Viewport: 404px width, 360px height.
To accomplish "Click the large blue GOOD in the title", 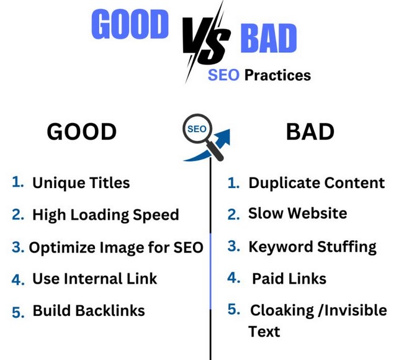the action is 130,24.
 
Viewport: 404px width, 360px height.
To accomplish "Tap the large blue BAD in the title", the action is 269,38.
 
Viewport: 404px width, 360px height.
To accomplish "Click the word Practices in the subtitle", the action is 277,75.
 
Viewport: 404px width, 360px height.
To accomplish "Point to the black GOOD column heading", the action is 82,132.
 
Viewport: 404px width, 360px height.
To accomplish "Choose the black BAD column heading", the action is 310,132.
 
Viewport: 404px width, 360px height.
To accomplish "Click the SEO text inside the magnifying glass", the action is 197,129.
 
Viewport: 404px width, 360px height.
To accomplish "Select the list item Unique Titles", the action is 81,183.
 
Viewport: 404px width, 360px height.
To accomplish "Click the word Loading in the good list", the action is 100,215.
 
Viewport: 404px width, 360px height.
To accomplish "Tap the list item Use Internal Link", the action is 94,279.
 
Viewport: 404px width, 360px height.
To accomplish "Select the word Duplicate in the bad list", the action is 284,183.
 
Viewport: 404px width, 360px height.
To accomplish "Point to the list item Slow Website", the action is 298,214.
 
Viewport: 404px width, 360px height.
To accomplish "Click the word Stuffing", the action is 347,247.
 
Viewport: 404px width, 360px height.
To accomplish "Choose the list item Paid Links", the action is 289,279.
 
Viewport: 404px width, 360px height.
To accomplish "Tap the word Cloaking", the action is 282,310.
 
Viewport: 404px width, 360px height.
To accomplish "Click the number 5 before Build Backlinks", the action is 18,312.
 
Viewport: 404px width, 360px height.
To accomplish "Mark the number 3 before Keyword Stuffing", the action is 234,246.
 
